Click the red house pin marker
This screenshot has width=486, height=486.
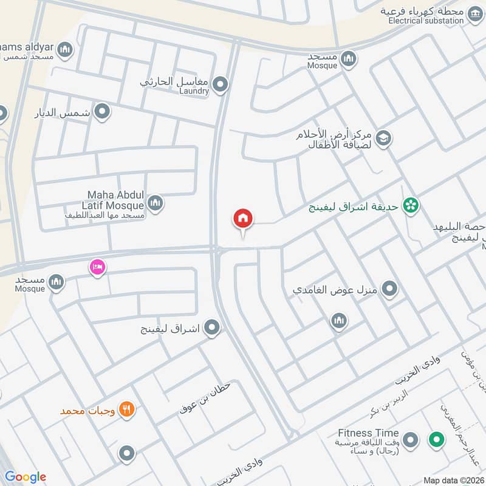coord(243,219)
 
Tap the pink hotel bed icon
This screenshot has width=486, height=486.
coord(97,267)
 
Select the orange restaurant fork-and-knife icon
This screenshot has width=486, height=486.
coord(127,409)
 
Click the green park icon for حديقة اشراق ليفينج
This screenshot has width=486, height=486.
coord(411,206)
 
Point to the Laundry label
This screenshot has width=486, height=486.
coord(194,91)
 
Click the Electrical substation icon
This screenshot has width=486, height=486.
coord(475,12)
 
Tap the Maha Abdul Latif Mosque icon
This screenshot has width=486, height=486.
coord(156,203)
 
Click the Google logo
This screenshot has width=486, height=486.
coord(25,477)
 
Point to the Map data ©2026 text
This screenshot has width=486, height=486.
coord(453,480)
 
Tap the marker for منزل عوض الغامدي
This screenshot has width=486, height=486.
coord(389,289)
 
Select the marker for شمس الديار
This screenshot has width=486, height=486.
coord(103,112)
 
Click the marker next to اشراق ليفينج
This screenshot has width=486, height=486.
coord(211,329)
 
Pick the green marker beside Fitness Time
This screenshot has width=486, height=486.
coord(436,440)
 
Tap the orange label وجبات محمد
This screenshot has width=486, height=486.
coord(87,411)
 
